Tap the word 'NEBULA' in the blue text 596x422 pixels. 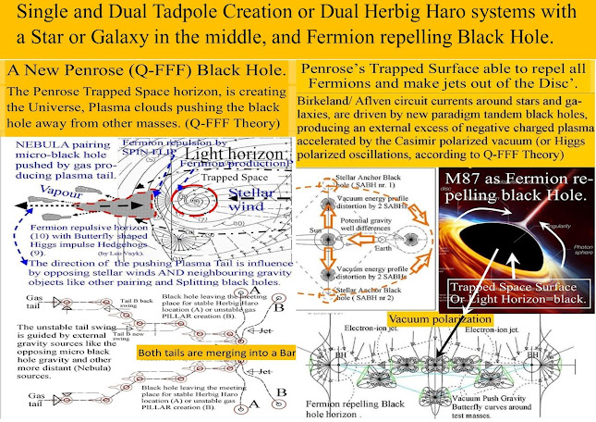click(x=30, y=146)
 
